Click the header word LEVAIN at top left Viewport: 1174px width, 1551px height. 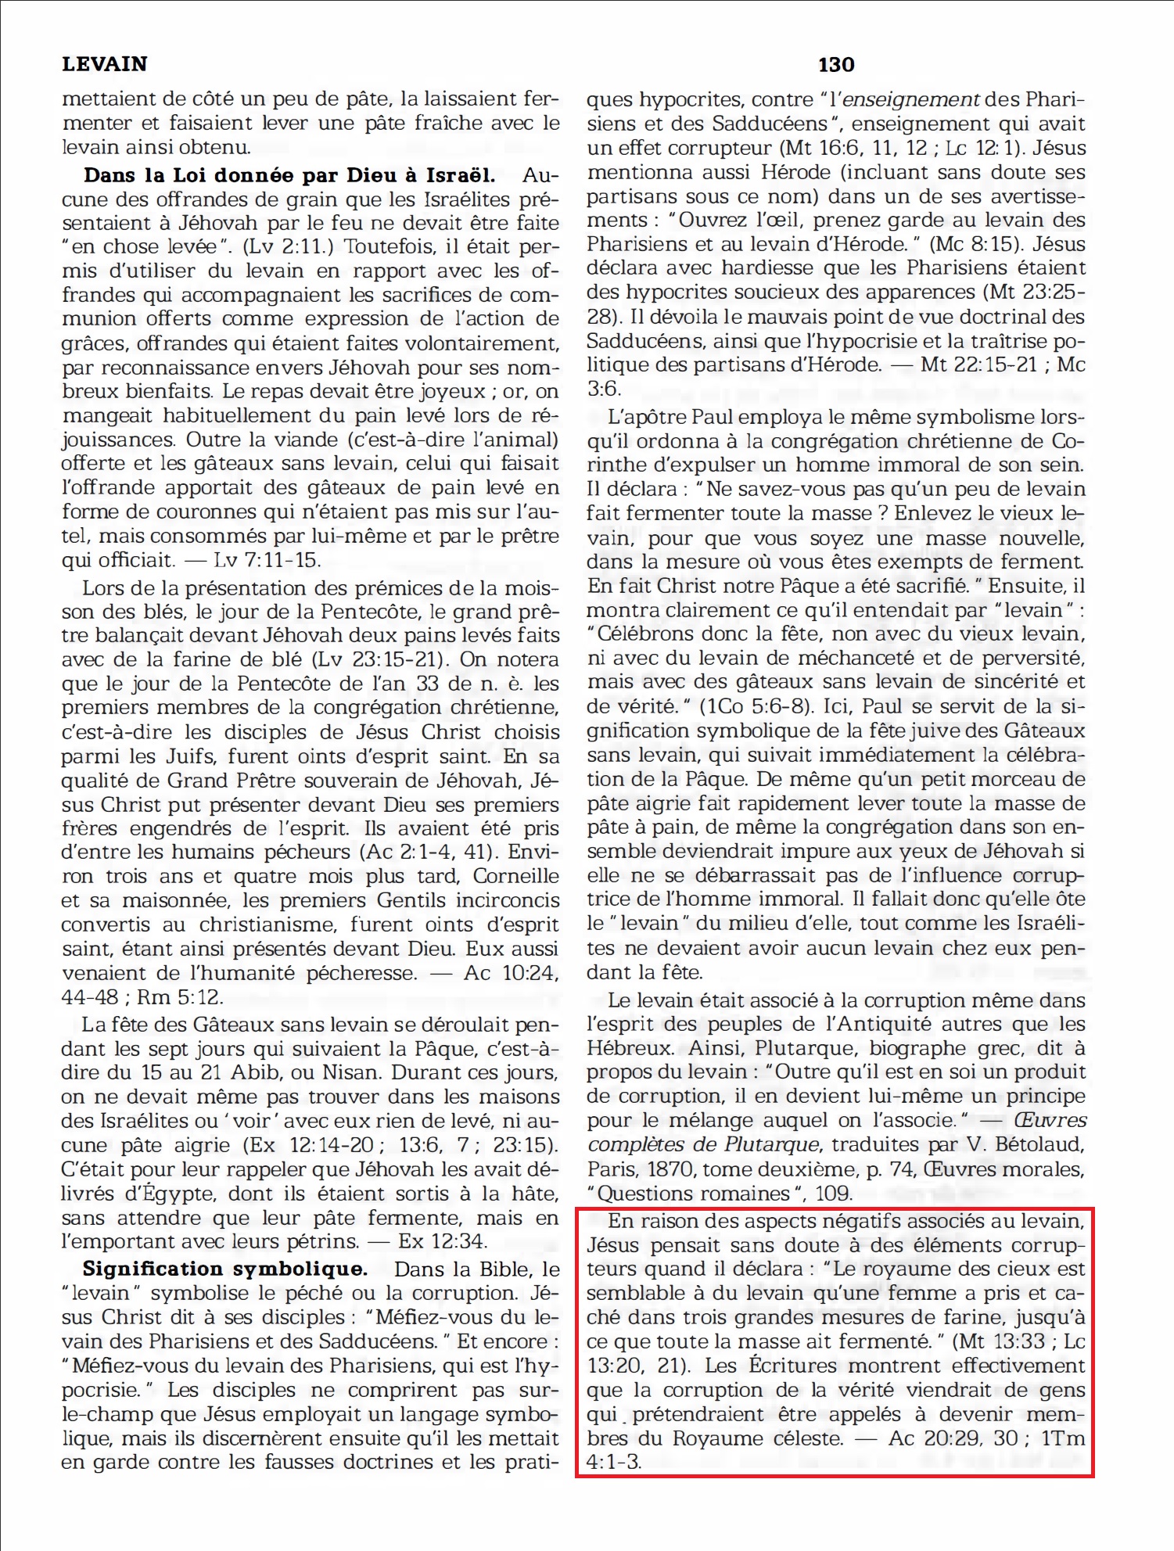[x=104, y=64]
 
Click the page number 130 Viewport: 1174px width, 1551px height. [x=836, y=65]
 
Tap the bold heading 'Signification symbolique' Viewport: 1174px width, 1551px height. [x=225, y=1269]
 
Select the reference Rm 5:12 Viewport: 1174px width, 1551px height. [x=180, y=997]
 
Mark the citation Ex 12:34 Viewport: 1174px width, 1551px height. [x=443, y=1241]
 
